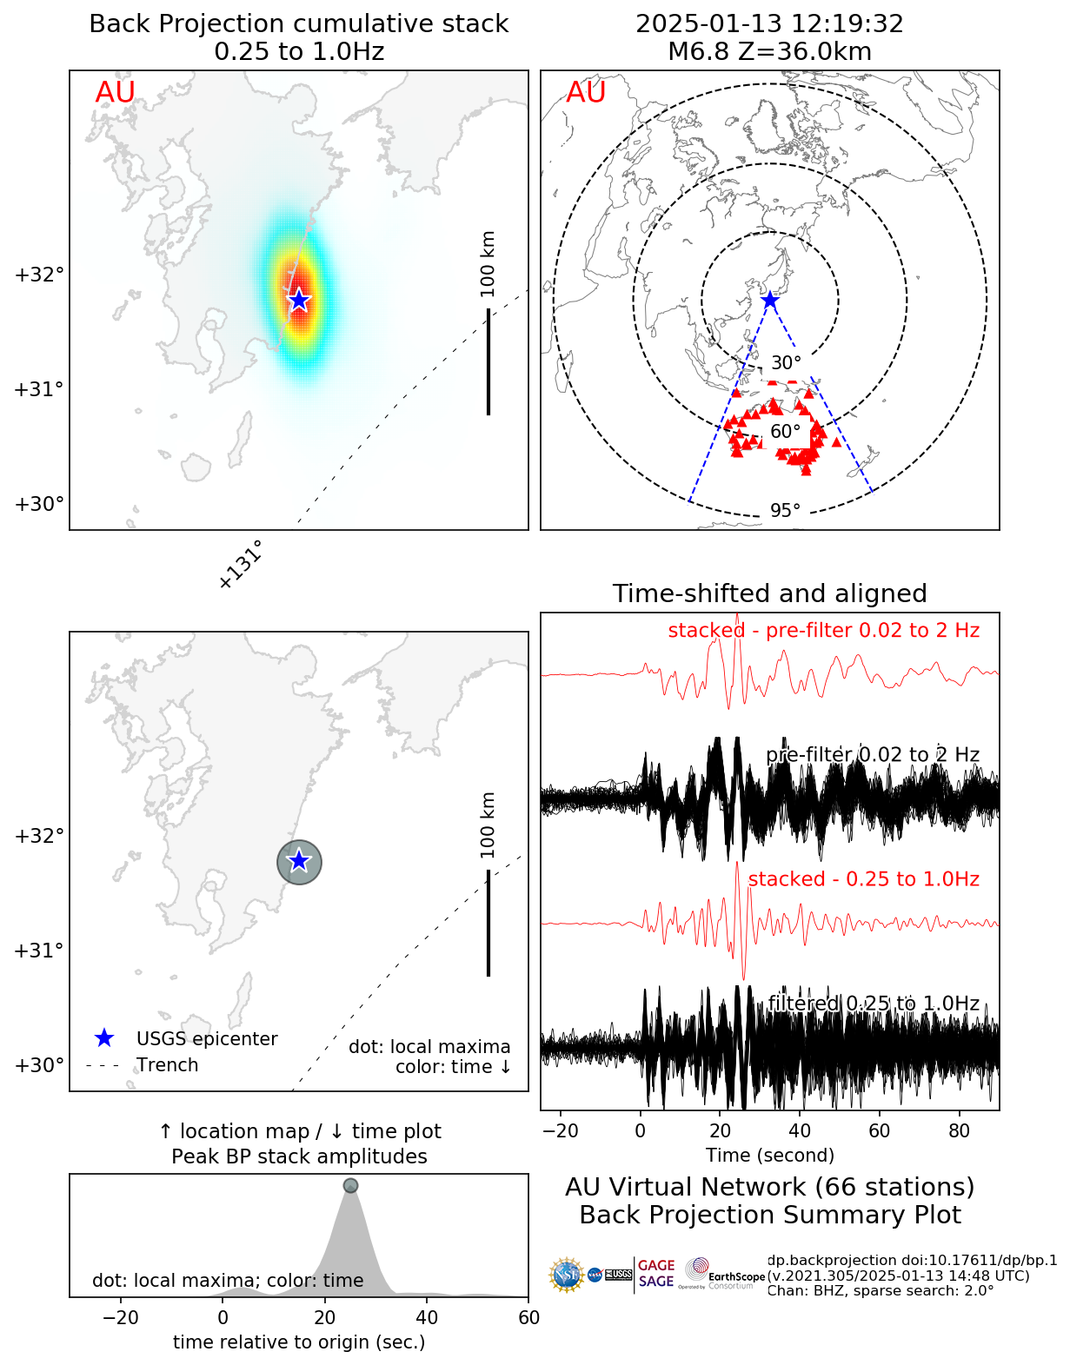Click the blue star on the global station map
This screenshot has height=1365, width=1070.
tap(770, 301)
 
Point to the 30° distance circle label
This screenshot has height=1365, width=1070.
tap(786, 363)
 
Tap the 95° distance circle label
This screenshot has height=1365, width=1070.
tap(785, 510)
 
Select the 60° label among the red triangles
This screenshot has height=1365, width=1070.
tap(785, 432)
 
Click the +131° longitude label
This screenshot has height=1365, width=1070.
tap(240, 566)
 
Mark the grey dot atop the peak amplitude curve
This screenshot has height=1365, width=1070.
tap(350, 1185)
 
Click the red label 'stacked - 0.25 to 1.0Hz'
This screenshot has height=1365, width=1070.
tap(863, 879)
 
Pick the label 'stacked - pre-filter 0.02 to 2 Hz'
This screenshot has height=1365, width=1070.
tap(823, 631)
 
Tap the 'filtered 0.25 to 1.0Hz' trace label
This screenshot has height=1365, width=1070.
tap(873, 1004)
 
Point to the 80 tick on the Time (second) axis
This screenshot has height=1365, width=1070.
tap(960, 1131)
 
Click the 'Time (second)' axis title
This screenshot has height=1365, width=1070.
tap(770, 1156)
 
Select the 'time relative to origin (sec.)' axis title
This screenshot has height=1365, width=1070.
tap(299, 1342)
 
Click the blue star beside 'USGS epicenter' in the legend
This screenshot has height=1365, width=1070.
tap(104, 1038)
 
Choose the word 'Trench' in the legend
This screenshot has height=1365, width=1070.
tap(167, 1065)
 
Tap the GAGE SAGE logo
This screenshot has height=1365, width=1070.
tap(655, 1274)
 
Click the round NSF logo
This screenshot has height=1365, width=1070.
tap(567, 1275)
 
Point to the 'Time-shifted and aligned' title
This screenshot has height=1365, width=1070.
tap(769, 593)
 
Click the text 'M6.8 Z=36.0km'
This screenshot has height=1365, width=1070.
tap(769, 52)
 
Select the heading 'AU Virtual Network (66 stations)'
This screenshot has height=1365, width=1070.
tap(769, 1187)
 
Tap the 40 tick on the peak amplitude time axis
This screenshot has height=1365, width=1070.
tap(427, 1318)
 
